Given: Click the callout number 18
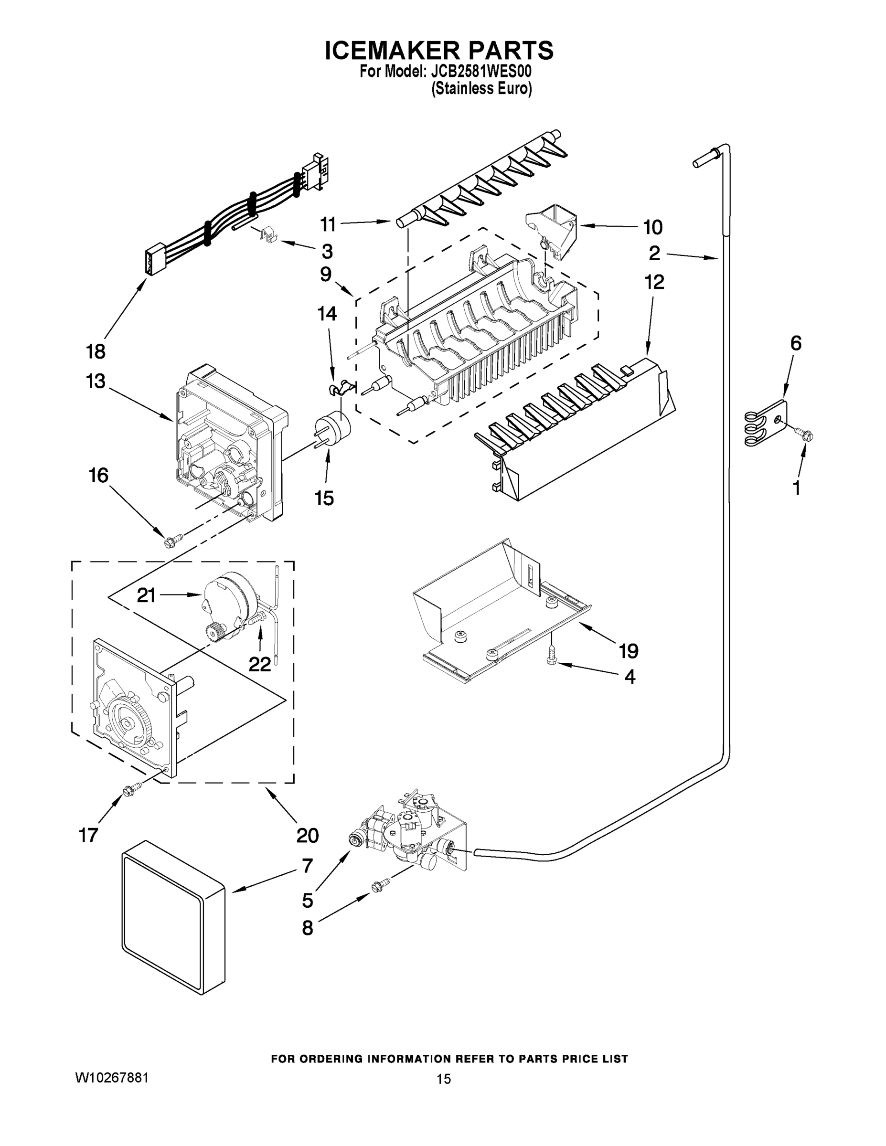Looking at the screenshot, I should [96, 351].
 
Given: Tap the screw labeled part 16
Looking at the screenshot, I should [174, 540].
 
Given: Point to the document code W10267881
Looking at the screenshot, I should [112, 1078].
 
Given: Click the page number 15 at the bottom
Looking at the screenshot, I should [444, 1079].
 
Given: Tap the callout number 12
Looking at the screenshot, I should [654, 282].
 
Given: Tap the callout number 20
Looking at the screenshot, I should [307, 835].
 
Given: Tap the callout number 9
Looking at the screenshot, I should [325, 275].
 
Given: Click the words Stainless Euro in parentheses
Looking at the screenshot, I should [481, 89].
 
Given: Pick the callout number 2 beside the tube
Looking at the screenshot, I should [654, 254].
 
